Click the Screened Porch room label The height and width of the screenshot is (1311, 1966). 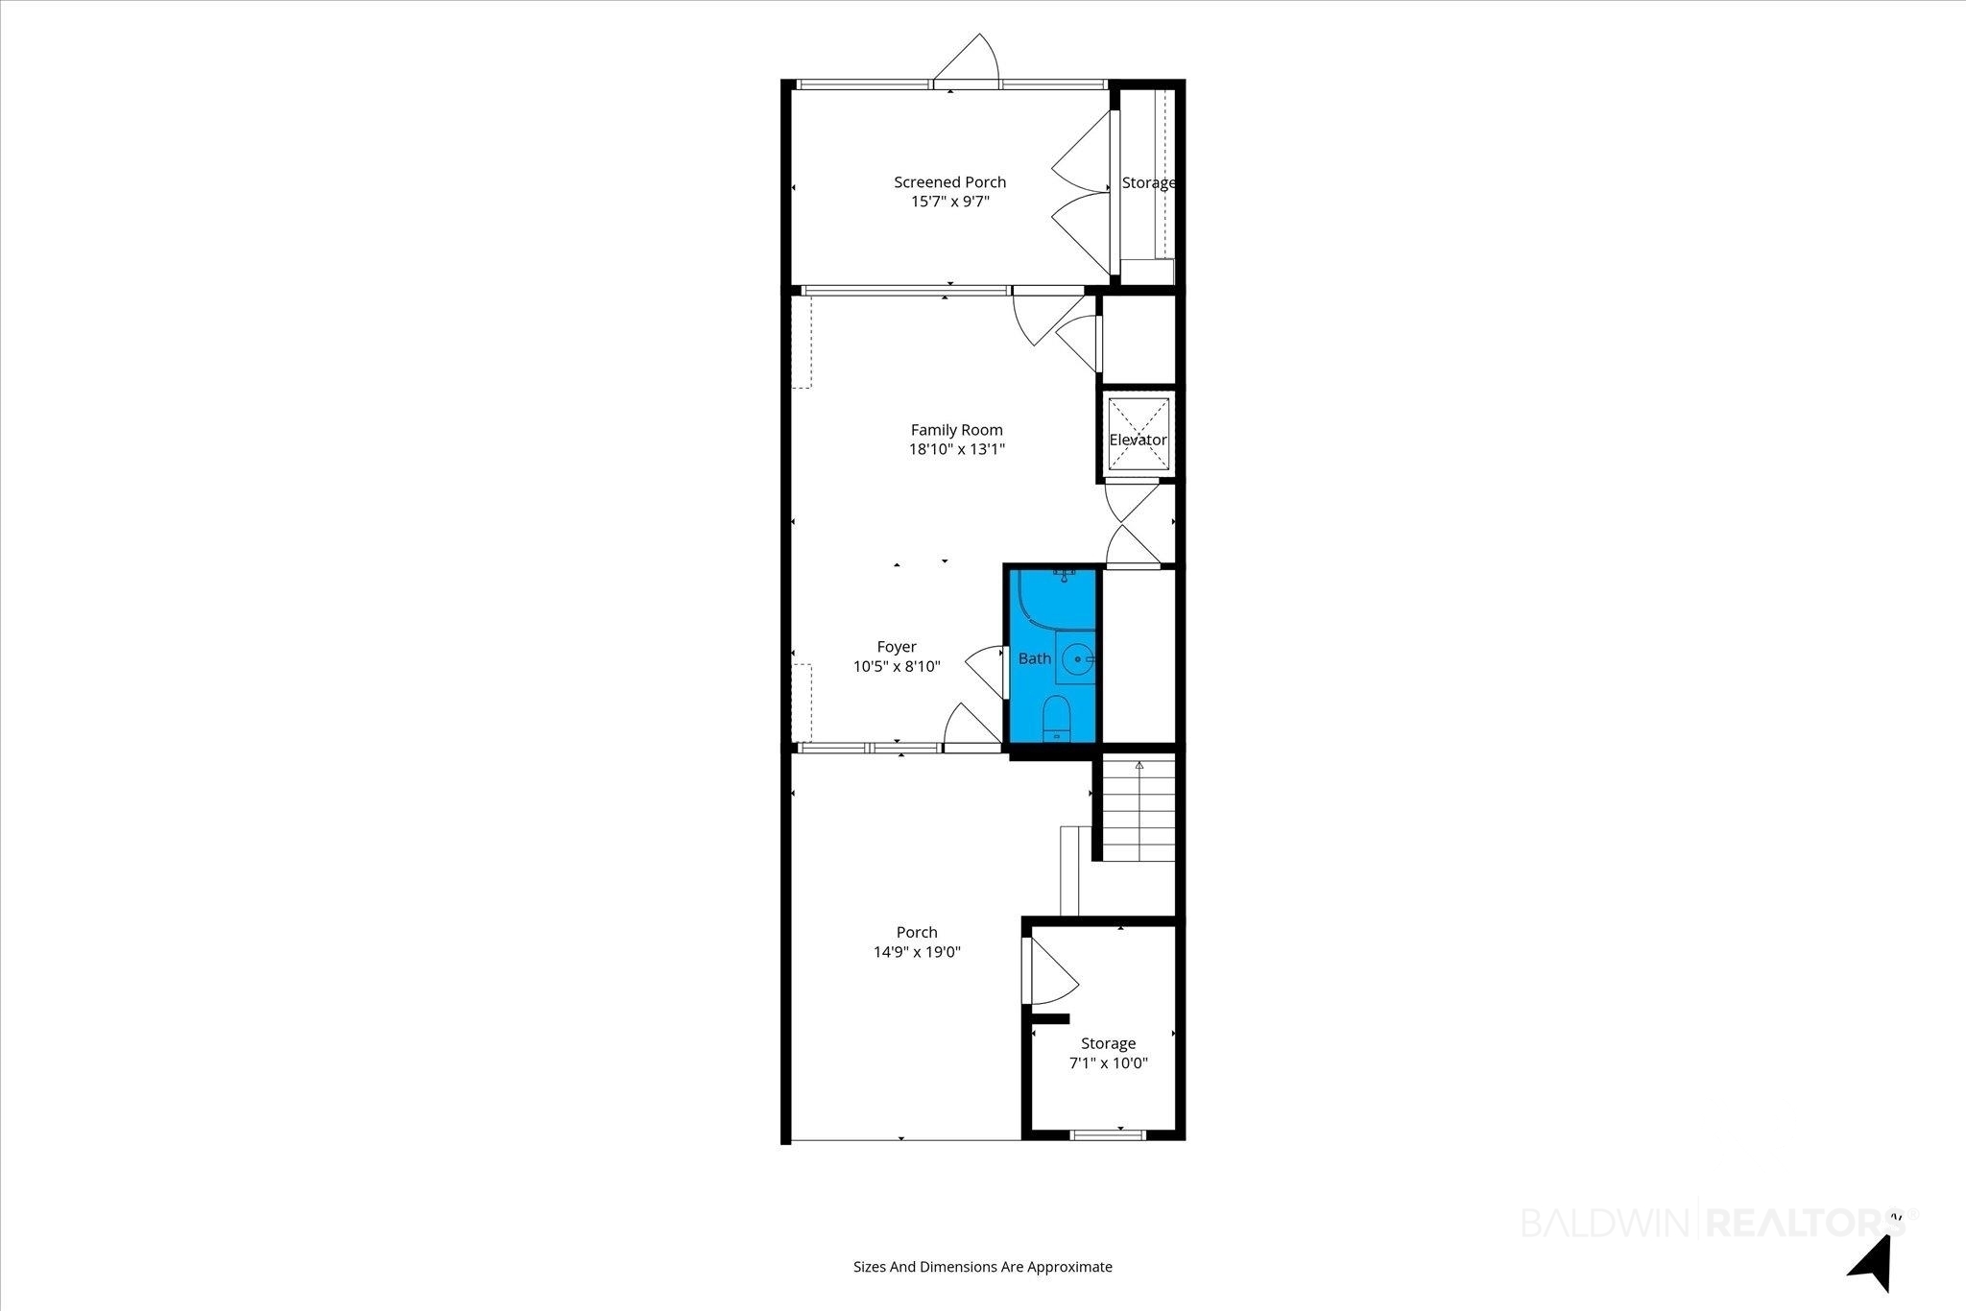point(949,182)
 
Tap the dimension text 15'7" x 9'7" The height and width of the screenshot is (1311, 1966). point(949,202)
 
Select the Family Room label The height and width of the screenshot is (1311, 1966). point(956,430)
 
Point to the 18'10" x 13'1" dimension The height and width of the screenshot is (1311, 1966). point(956,449)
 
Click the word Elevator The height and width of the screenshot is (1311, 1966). point(1138,440)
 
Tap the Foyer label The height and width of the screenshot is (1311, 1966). point(897,647)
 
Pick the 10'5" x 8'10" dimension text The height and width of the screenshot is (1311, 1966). point(897,666)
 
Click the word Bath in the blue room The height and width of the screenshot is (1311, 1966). point(1034,658)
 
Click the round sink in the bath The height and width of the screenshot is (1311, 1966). point(1080,659)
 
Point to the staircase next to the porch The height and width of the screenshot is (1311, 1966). point(1138,808)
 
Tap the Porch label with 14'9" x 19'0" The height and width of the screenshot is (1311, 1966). point(917,932)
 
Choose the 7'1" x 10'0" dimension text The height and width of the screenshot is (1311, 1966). point(1109,1063)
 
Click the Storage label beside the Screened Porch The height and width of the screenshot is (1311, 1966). point(1148,182)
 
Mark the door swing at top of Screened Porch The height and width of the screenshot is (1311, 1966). point(967,58)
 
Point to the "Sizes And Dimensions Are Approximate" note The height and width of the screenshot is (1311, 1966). point(983,1267)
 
